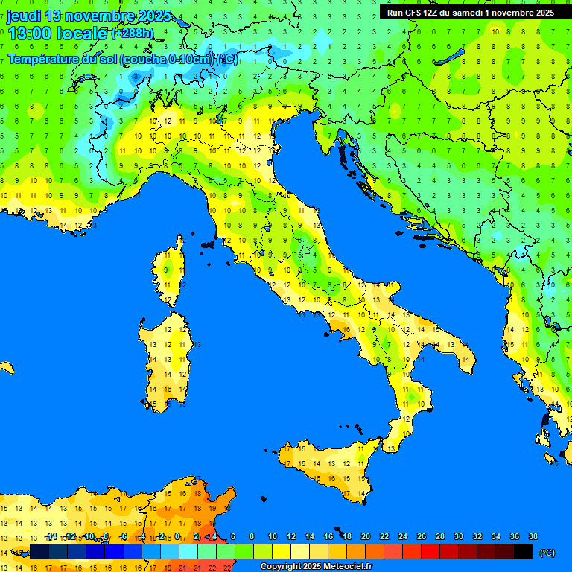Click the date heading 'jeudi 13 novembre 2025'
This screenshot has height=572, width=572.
tap(89, 16)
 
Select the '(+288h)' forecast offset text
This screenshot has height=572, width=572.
tap(133, 34)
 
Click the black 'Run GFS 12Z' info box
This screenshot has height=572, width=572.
tap(470, 13)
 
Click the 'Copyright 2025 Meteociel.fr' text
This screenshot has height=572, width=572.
tap(316, 567)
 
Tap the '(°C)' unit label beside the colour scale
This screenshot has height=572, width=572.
tap(547, 553)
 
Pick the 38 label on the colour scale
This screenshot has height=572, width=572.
tap(533, 537)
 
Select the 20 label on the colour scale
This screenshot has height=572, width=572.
tap(366, 537)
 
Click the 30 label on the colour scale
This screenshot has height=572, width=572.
tap(459, 537)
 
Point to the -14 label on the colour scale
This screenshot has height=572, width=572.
tap(51, 537)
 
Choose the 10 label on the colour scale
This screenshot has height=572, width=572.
tap(273, 537)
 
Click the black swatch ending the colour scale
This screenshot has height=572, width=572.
tap(524, 552)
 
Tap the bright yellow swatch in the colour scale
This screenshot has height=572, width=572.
tap(282, 552)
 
